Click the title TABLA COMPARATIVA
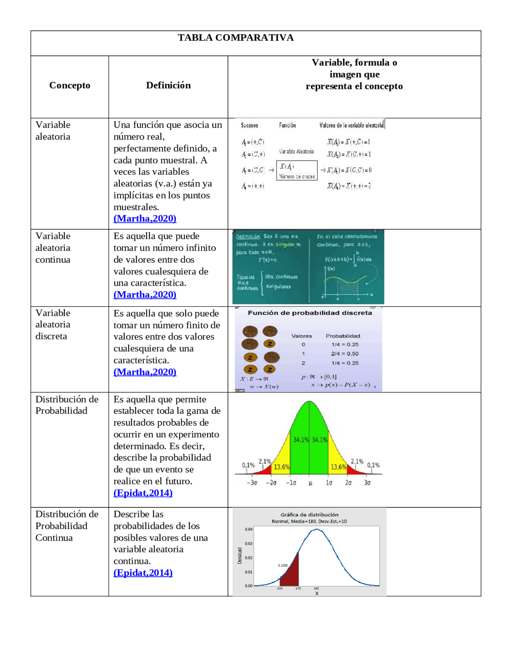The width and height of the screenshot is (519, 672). [236, 38]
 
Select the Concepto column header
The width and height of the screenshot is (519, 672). [70, 85]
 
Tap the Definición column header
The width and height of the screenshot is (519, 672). [168, 85]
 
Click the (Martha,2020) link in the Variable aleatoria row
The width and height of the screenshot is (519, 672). [145, 218]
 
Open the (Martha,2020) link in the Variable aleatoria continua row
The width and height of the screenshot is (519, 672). [145, 295]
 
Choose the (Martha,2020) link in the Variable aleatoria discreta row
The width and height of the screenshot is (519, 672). [145, 372]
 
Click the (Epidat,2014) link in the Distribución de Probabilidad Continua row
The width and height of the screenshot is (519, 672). [143, 573]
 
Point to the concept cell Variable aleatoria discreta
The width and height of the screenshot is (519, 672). [53, 324]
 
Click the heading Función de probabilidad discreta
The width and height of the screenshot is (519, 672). [310, 313]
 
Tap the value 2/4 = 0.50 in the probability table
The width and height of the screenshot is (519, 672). [345, 353]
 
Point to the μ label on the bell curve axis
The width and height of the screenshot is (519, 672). [310, 483]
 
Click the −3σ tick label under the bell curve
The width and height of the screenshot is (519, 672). [252, 483]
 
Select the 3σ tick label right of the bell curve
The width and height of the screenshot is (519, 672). [367, 483]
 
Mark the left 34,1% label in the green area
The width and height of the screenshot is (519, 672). [300, 439]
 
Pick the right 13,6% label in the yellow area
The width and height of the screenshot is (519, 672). [338, 467]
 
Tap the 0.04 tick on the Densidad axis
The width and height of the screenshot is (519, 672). [249, 529]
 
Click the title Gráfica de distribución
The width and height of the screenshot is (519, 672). [309, 515]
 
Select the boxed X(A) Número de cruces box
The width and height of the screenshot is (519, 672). [297, 170]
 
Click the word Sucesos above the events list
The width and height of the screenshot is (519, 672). [249, 125]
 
